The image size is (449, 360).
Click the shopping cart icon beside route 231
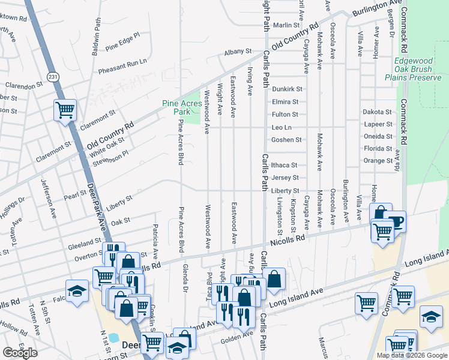coord(65,110)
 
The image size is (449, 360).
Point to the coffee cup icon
coord(395,221)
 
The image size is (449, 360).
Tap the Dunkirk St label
coord(286,89)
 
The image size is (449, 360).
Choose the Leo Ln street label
coord(282,127)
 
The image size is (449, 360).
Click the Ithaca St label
coord(284,165)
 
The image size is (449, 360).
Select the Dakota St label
coord(376,112)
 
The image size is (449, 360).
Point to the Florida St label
coord(378,149)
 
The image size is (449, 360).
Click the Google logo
coord(20,352)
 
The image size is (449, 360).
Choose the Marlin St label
coord(286,25)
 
